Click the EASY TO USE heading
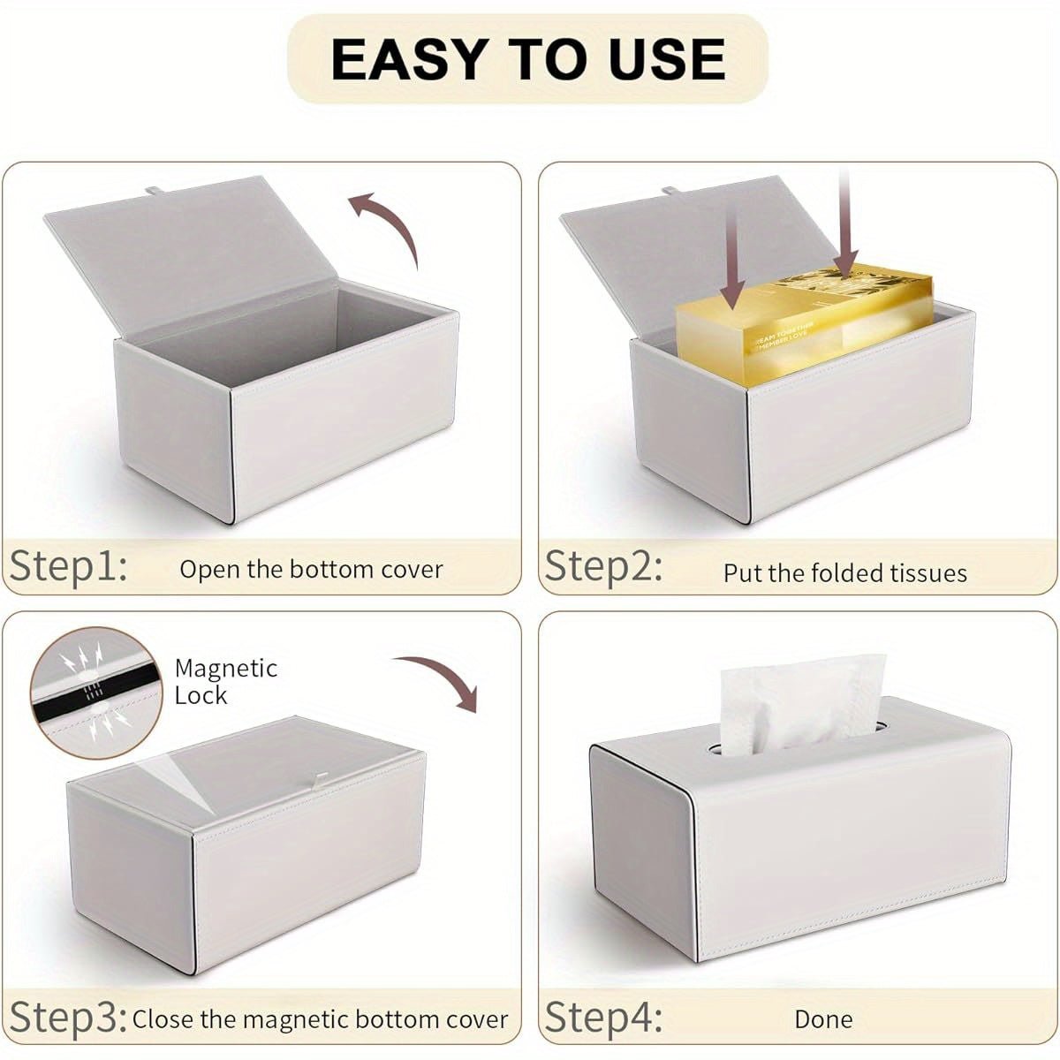pos(528,59)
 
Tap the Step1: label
pos(68,565)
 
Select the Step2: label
pos(602,565)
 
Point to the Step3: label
pos(68,1017)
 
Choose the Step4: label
pos(604,1017)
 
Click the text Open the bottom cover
pos(311,570)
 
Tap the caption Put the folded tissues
pos(844,573)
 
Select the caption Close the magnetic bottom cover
pos(320,1019)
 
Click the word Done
pos(823,1019)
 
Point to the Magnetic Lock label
pos(225,681)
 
